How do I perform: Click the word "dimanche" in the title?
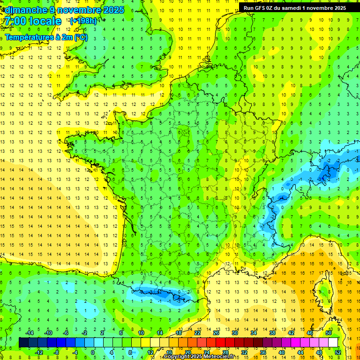pos(26,10)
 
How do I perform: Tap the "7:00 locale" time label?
pos(33,21)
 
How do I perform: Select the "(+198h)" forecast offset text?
pos(83,21)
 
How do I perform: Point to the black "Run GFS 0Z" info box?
pos(295,7)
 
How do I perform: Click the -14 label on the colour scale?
pos(29,333)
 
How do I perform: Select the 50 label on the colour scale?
pos(329,333)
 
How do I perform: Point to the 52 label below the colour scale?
pos(338,352)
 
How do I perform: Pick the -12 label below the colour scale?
pos(38,352)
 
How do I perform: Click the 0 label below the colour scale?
pos(92,352)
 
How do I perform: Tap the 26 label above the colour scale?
pos(216,333)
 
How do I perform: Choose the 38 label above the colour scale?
pos(272,333)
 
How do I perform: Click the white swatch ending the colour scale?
pos(333,343)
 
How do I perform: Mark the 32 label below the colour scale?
pos(244,352)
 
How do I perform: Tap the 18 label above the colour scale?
pos(179,333)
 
